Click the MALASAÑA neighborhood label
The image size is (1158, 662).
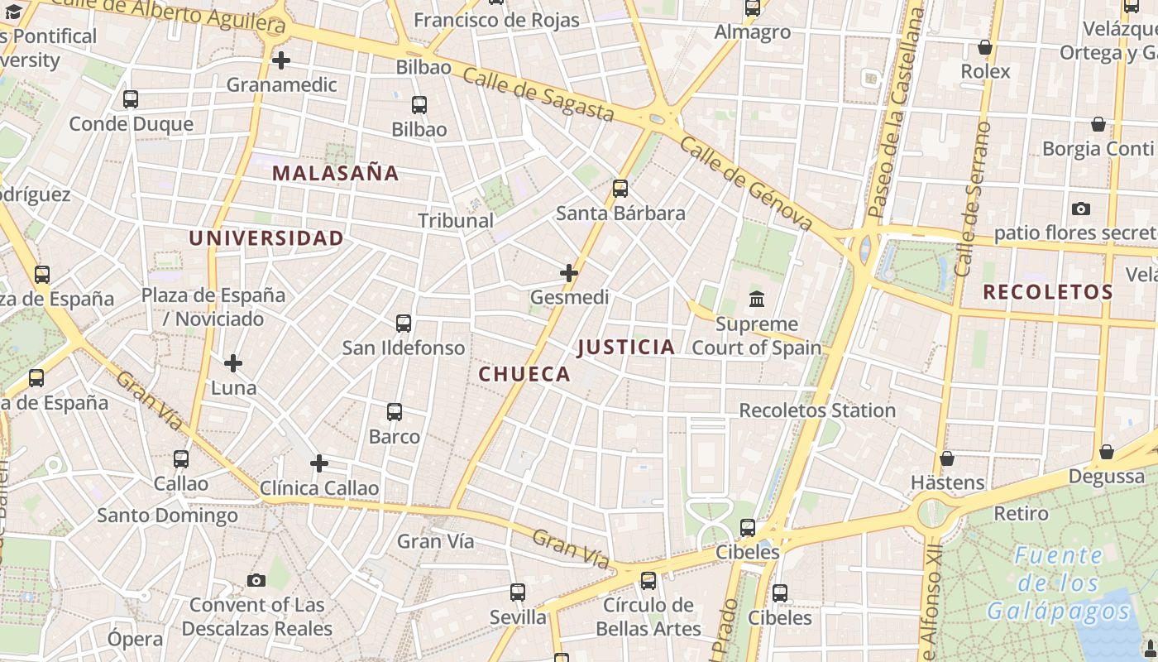click(335, 174)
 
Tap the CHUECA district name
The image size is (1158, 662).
click(524, 374)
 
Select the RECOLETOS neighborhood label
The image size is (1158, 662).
click(1048, 292)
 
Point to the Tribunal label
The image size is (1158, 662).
click(456, 221)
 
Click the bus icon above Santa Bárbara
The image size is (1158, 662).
click(620, 189)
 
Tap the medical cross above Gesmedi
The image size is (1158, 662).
click(569, 272)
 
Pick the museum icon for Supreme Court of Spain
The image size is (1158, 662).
click(757, 299)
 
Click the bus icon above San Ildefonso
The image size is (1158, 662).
click(404, 324)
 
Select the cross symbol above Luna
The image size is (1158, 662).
click(233, 362)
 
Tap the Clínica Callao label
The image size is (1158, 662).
click(319, 488)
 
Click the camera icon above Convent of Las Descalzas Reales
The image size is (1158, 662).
click(256, 580)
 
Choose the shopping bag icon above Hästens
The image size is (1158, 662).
click(947, 458)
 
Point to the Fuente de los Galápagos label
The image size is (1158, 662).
click(1059, 583)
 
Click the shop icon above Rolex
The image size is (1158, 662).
click(985, 47)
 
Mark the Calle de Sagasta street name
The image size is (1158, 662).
click(538, 94)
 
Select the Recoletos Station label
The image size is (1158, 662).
click(817, 410)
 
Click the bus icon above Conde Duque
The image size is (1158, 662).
click(131, 99)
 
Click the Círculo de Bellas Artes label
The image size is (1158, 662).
click(648, 616)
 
